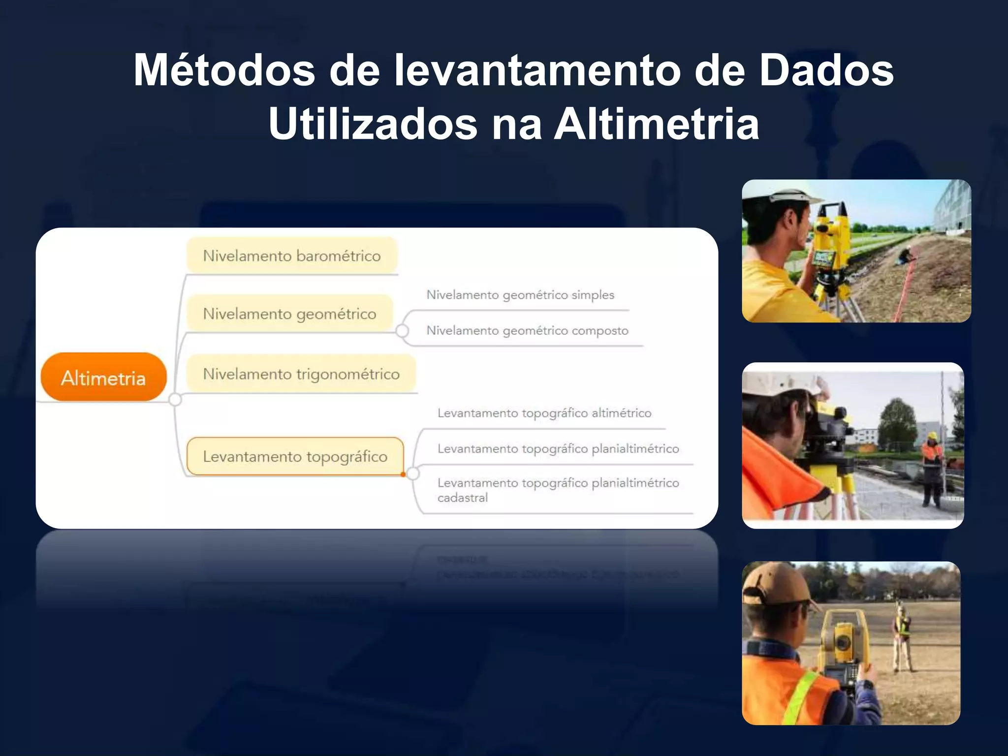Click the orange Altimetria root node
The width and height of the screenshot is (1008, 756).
pyautogui.click(x=103, y=378)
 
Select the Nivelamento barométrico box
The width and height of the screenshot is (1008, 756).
pyautogui.click(x=292, y=256)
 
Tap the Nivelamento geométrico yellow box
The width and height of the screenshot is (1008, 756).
pyautogui.click(x=289, y=314)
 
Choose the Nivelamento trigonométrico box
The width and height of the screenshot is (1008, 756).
pyautogui.click(x=301, y=374)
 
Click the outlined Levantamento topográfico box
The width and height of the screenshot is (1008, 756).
pyautogui.click(x=295, y=456)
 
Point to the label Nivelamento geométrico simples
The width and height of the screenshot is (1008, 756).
pyautogui.click(x=520, y=295)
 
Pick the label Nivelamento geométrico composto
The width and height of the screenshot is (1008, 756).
pyautogui.click(x=527, y=330)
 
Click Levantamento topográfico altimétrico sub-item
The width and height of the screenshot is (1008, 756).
pyautogui.click(x=544, y=413)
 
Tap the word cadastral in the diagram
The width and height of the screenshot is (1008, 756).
pyautogui.click(x=463, y=498)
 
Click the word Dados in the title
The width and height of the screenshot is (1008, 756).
pyautogui.click(x=826, y=70)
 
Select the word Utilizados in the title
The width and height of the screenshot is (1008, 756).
pyautogui.click(x=373, y=124)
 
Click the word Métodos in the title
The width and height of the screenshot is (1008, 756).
pyautogui.click(x=224, y=70)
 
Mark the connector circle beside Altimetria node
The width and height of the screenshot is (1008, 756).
pyautogui.click(x=175, y=399)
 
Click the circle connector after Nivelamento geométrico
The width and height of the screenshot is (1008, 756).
pyautogui.click(x=402, y=331)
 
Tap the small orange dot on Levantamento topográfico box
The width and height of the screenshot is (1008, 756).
pyautogui.click(x=403, y=474)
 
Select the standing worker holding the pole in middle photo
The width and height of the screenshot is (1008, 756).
pyautogui.click(x=932, y=468)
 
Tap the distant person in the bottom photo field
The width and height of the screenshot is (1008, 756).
pyautogui.click(x=902, y=637)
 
